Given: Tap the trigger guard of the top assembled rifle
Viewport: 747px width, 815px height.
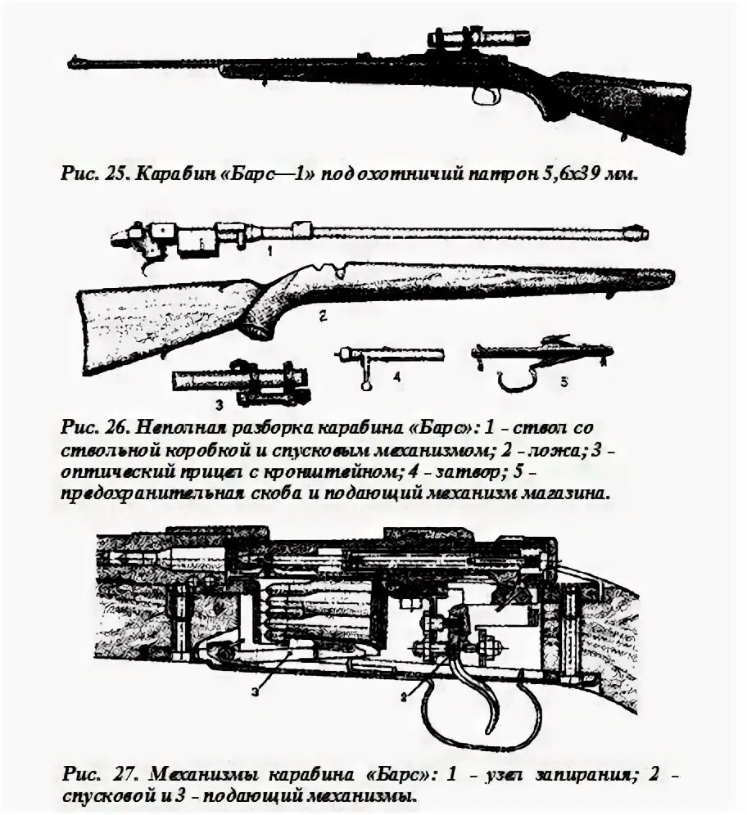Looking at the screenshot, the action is [x=487, y=96].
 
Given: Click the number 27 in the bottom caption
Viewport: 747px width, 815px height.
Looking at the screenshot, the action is [x=120, y=772].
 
